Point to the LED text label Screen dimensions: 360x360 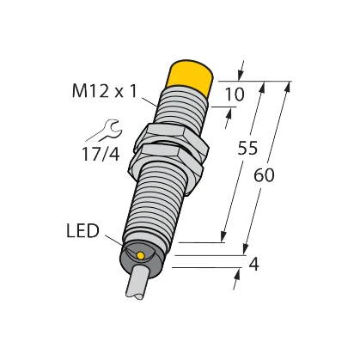coord(83,232)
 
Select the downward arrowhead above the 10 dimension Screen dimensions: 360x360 coord(241,75)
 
